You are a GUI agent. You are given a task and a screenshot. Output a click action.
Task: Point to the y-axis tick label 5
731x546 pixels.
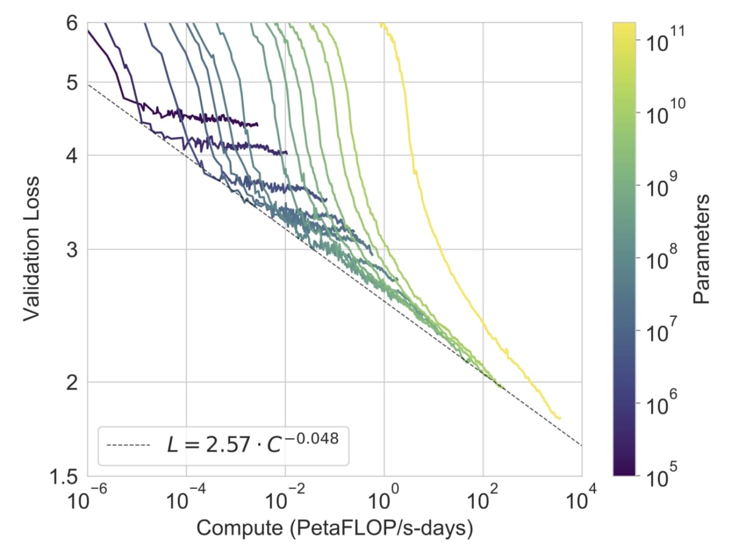71,82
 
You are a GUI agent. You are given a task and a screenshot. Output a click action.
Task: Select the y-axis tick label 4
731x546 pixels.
71,155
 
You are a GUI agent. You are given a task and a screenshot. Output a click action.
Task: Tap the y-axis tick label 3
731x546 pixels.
71,249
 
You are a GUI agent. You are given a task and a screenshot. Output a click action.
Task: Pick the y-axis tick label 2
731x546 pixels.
71,382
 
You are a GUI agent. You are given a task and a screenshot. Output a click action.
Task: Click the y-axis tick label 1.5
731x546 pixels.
64,476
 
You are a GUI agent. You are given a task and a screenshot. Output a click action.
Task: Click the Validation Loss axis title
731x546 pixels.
32,248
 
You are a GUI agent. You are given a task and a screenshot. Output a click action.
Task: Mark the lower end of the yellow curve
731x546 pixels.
559,418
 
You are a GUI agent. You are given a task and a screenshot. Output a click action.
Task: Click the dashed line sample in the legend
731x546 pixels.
129,445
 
